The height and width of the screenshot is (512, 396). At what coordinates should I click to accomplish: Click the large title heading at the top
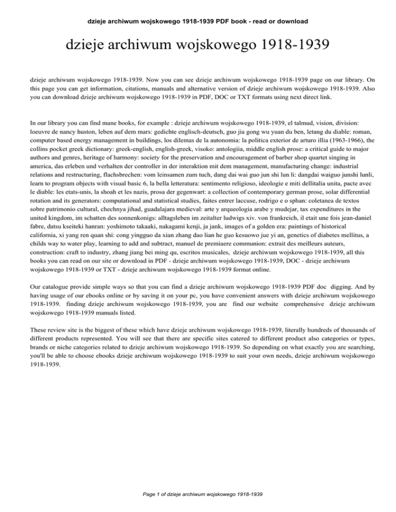198,49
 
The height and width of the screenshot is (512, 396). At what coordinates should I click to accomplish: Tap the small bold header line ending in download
198,21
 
